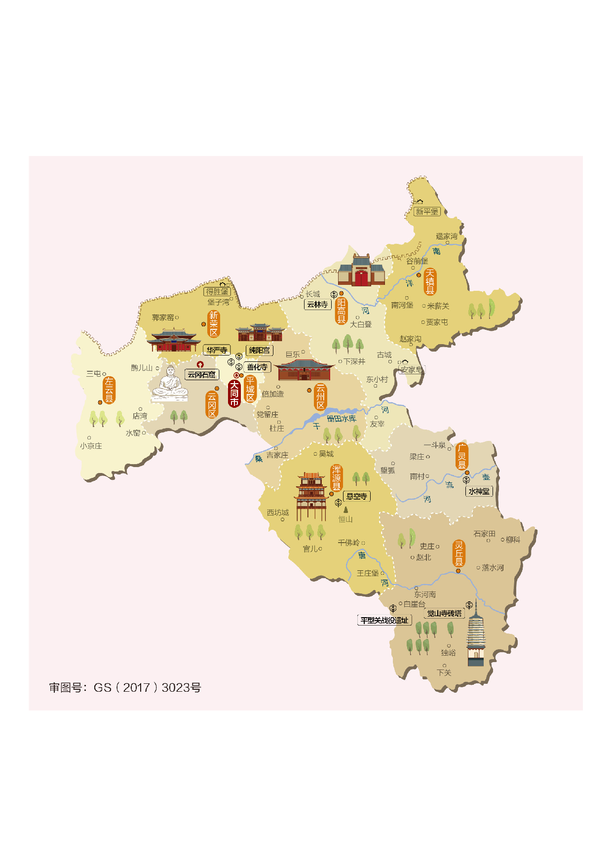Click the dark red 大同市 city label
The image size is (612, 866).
234,394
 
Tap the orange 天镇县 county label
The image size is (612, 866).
430,282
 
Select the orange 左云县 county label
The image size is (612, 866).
109,390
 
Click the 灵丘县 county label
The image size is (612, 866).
459,553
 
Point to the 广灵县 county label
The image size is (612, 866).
461,456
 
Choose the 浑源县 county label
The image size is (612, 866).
336,477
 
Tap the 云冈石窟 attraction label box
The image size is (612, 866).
201,375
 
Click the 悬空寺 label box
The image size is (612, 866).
356,497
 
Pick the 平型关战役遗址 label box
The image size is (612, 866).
384,620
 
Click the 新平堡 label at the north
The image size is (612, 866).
427,211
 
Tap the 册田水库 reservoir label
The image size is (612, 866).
341,418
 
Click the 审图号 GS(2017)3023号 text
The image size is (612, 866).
125,687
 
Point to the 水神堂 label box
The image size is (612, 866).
479,491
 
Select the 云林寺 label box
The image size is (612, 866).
317,305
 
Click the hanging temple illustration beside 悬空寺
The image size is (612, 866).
310,496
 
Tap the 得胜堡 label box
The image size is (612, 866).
218,291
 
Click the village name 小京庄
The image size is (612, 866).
91,446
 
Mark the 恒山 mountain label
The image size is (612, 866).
345,519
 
